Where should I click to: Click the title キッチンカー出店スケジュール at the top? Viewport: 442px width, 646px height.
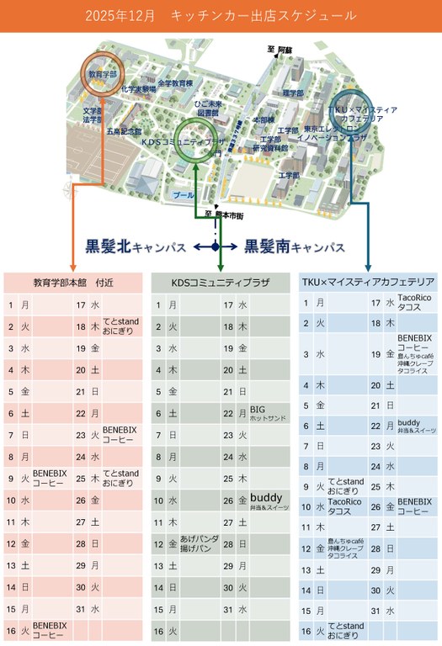click(x=221, y=16)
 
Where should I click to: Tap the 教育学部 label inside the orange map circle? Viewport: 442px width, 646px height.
click(x=103, y=74)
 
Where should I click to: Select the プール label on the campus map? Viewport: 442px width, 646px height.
click(x=183, y=194)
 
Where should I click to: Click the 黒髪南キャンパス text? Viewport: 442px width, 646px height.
click(x=295, y=247)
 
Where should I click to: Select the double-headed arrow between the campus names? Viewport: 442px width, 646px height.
click(x=216, y=246)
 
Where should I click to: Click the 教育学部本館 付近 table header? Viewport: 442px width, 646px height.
click(x=74, y=283)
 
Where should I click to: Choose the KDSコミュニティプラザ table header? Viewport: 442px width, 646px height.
click(x=221, y=283)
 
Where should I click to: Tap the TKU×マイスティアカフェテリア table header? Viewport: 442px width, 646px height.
click(x=368, y=283)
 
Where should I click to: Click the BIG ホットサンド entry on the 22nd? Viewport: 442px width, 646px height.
click(x=268, y=413)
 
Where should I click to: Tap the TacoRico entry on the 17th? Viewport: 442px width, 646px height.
click(x=414, y=303)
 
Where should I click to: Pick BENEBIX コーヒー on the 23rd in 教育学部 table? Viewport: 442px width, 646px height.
click(x=120, y=435)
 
